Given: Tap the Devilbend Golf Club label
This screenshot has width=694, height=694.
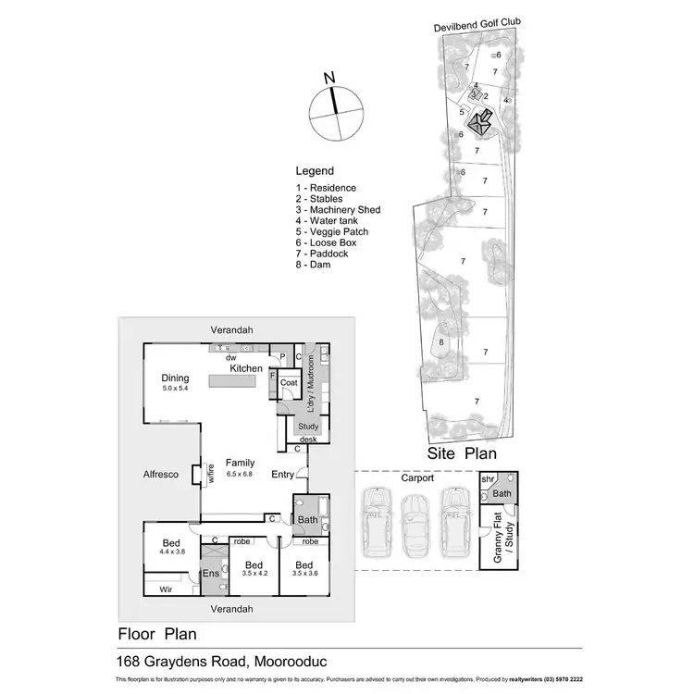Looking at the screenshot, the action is coord(475,28).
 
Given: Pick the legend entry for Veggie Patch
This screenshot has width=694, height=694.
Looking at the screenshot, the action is coord(331,232).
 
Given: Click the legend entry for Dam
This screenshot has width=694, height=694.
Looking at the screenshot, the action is coord(313,266).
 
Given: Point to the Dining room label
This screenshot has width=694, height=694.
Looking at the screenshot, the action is coord(175,378).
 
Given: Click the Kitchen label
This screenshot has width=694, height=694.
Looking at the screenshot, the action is coord(246,368).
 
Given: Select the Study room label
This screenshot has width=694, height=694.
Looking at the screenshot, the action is coord(308,427).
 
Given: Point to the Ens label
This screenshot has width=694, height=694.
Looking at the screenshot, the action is coord(212,574).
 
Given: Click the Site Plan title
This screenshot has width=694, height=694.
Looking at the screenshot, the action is coord(462,453).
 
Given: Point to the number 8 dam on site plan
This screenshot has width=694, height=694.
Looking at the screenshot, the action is coord(442,342).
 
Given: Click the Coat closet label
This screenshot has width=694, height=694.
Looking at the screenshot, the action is coord(288,382).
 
